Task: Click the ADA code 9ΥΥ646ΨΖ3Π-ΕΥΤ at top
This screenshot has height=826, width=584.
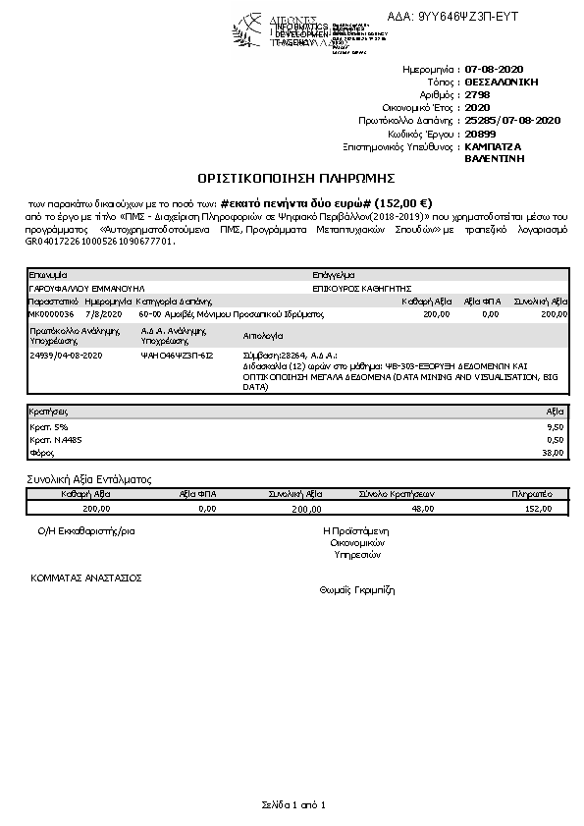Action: (x=467, y=18)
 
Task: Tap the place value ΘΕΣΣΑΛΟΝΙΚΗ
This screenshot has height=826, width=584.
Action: (x=502, y=83)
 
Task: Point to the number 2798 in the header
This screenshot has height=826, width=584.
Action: (x=477, y=95)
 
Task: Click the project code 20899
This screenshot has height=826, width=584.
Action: (x=480, y=133)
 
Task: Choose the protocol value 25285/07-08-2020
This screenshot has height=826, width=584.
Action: (x=512, y=120)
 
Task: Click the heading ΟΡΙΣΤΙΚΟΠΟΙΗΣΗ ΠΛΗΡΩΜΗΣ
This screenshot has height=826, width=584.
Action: (x=295, y=178)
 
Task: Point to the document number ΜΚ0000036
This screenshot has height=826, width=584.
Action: (x=52, y=313)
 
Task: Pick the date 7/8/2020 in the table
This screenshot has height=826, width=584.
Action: (x=103, y=313)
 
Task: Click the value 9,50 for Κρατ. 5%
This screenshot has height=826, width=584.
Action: (x=556, y=427)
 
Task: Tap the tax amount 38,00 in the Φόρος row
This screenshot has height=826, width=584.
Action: (x=555, y=453)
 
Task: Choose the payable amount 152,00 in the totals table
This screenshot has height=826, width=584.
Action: (x=540, y=509)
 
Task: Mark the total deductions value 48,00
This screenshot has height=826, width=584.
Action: (x=423, y=509)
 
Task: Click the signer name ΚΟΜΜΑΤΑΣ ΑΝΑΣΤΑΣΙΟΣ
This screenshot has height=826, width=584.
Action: (x=86, y=578)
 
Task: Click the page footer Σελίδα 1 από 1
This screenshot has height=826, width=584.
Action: (x=292, y=805)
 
